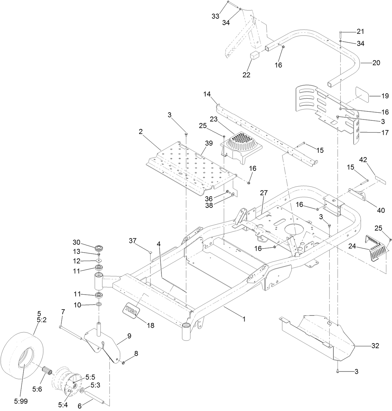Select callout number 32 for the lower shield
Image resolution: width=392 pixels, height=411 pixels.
[x=375, y=346]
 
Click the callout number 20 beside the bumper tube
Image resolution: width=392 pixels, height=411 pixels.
[x=376, y=63]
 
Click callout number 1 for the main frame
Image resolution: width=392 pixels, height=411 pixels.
[x=244, y=319]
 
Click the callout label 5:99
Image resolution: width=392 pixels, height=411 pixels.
[x=21, y=401]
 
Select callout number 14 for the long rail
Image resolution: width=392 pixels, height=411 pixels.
[x=207, y=94]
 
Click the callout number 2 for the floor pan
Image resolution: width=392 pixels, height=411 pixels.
[x=141, y=132]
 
